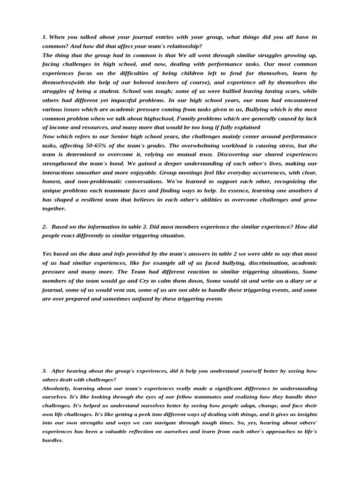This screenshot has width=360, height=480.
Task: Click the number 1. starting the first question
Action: (45, 37)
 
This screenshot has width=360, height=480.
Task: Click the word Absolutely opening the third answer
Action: (59, 389)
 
